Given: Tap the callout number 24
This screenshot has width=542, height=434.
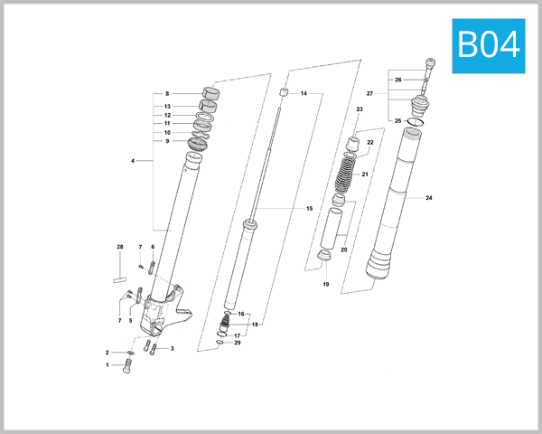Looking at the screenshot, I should click(428, 197).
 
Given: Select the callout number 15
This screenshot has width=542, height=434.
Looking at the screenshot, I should click(309, 209).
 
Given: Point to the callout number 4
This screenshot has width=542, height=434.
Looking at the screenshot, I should click(133, 161).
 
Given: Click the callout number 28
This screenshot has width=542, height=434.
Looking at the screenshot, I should click(119, 247).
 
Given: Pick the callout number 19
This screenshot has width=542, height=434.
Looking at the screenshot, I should click(326, 285).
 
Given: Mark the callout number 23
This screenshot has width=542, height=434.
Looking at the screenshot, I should click(359, 109).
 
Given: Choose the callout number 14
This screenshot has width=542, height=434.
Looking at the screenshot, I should click(304, 94).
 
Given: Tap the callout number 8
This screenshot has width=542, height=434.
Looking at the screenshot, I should click(167, 94).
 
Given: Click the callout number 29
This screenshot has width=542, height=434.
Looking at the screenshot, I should click(238, 343).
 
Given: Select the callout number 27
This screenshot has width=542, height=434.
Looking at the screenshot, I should click(369, 94).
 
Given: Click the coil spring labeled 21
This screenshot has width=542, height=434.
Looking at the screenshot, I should click(346, 173).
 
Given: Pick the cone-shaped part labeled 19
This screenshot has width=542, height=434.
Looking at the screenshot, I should click(326, 263).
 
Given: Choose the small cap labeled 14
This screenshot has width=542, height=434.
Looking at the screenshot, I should click(283, 93).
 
